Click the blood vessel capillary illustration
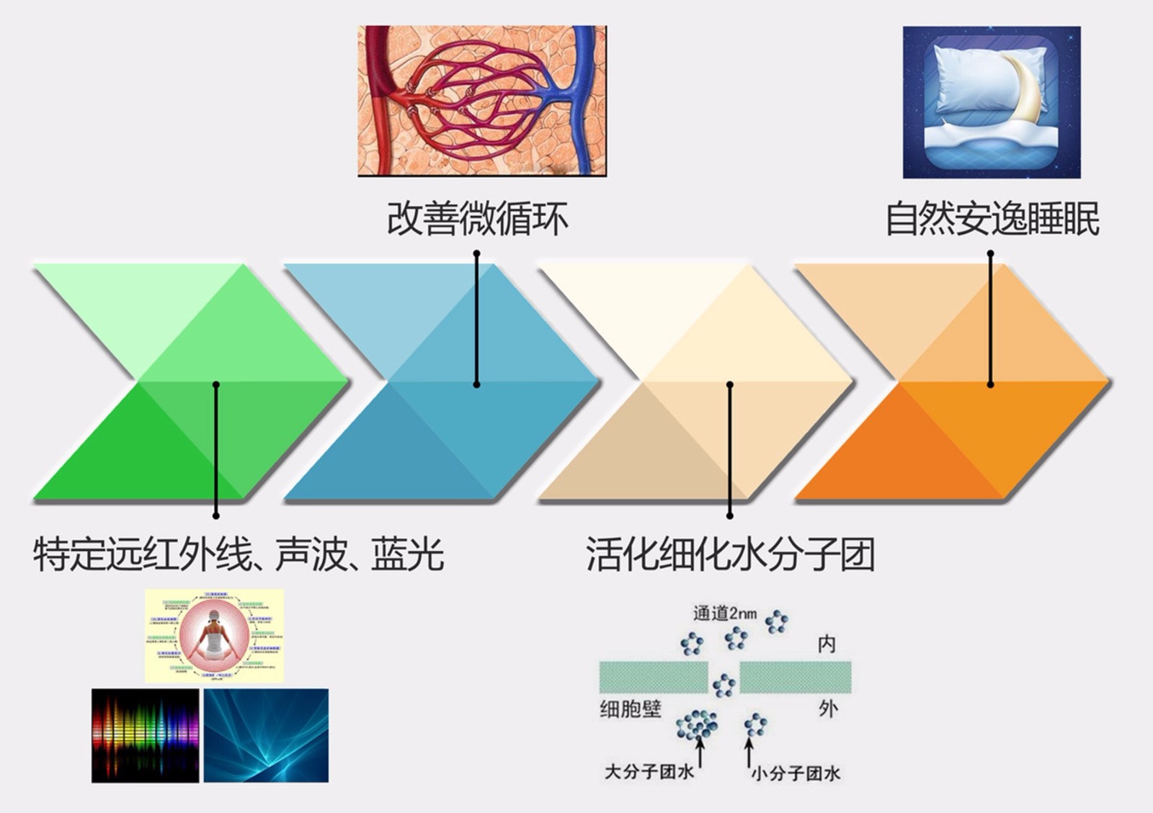click(x=482, y=101)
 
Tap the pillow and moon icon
click(x=992, y=102)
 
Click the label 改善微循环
click(x=478, y=219)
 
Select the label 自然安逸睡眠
click(x=992, y=219)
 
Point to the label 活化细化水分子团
click(x=730, y=554)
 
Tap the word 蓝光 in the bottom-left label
click(x=408, y=554)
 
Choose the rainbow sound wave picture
click(x=145, y=735)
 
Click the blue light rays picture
click(x=266, y=735)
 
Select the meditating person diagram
click(x=214, y=635)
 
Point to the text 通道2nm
click(x=725, y=614)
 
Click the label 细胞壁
click(x=631, y=709)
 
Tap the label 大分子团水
click(x=649, y=772)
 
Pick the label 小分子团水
click(x=796, y=773)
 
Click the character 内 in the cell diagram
click(x=827, y=644)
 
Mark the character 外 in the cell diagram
click(x=828, y=709)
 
